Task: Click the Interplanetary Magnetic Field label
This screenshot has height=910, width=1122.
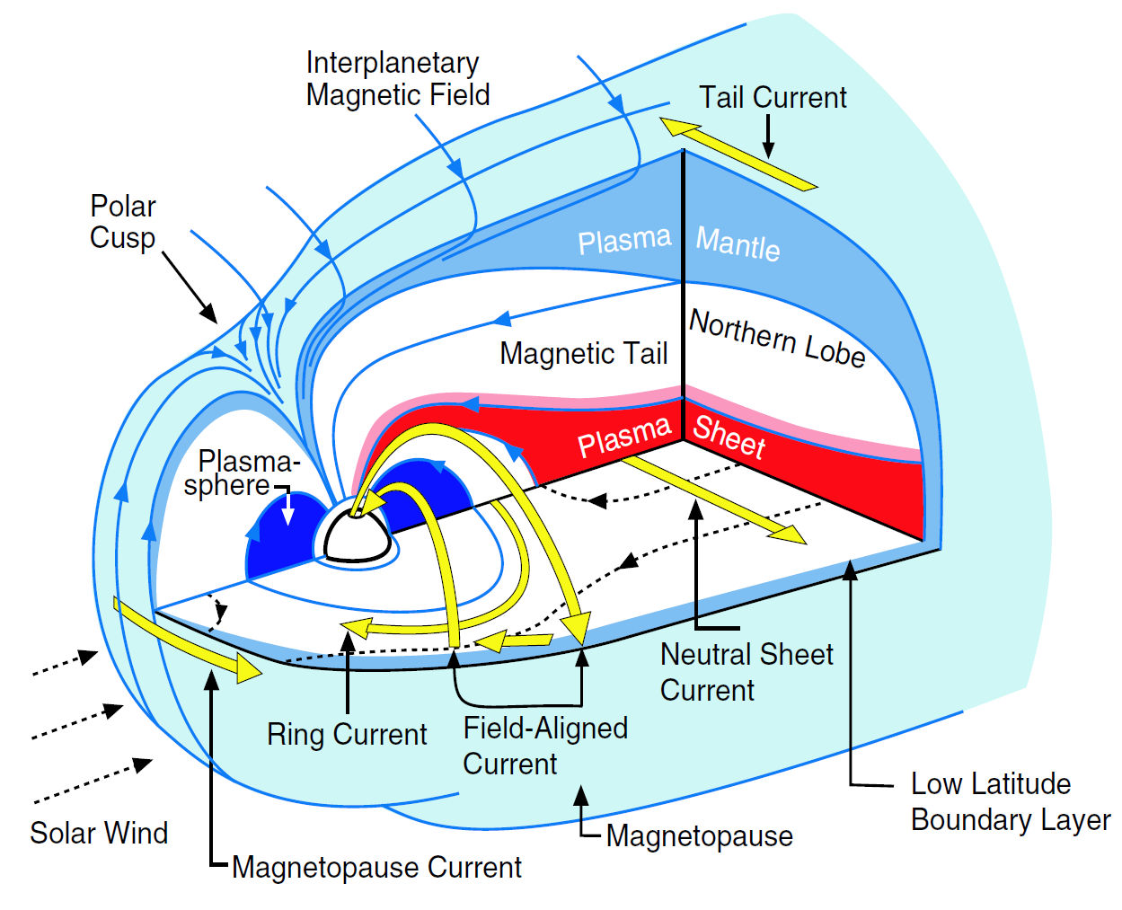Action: pos(397,79)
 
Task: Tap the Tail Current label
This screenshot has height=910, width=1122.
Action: pos(773,97)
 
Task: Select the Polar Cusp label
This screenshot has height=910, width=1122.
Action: pos(123,222)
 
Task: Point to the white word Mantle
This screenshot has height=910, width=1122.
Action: pos(738,243)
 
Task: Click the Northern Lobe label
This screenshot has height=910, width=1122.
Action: pos(777,339)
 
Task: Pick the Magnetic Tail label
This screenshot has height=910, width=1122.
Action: pos(583,353)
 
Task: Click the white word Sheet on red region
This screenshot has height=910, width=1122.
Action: pos(729,437)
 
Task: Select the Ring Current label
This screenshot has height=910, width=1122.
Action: pos(347,735)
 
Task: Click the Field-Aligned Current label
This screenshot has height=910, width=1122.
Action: pos(544,746)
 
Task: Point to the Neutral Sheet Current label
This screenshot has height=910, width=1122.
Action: pos(746,672)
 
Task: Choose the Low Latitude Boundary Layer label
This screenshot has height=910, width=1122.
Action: pos(1009,801)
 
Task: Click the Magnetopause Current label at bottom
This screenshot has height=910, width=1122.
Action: pos(376,868)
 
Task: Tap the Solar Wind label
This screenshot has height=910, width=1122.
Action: pos(99,833)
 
